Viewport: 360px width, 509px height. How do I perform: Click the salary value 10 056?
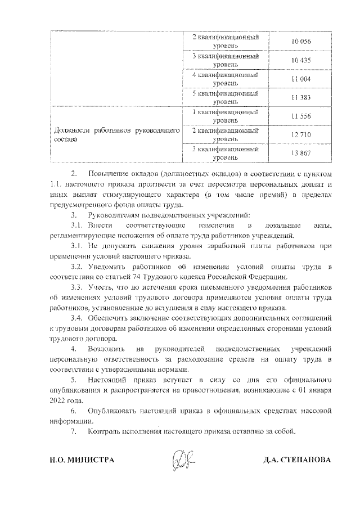click(x=301, y=42)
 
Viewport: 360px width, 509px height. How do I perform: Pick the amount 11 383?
click(x=301, y=98)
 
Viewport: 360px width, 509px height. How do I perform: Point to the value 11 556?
click(x=301, y=116)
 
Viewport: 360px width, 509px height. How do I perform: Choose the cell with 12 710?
click(x=301, y=135)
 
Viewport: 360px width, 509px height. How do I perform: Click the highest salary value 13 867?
click(x=301, y=154)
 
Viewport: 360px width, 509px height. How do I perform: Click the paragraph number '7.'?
click(x=73, y=431)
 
